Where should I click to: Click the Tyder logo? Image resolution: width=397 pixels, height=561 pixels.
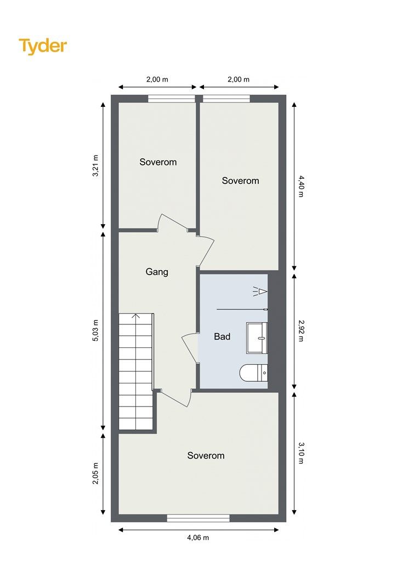point(43,47)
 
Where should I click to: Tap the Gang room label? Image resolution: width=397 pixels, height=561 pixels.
point(157,272)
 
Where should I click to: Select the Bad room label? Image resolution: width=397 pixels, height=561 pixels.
point(222,336)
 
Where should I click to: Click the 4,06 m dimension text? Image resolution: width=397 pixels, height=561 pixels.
point(198,537)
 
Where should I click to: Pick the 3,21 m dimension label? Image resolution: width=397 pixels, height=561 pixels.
point(95,165)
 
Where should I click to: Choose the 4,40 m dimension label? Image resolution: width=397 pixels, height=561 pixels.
point(300,186)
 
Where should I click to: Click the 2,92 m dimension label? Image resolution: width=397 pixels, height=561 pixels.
point(300,330)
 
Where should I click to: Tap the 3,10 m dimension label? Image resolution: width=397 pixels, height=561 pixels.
point(300,453)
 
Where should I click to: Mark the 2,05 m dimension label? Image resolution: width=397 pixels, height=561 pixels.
point(95,473)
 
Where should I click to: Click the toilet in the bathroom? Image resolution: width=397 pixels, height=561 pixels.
point(253,373)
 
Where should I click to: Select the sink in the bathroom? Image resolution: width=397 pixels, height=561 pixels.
point(257,337)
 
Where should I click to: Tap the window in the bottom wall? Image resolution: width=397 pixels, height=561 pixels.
point(198,518)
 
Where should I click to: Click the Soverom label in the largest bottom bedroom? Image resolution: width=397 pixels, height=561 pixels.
point(206,455)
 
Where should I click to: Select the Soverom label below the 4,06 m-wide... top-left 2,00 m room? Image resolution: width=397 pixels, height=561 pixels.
point(158,162)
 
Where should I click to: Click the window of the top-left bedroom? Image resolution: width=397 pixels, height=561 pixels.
point(172,99)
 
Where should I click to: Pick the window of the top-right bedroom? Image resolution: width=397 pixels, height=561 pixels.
point(226,99)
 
